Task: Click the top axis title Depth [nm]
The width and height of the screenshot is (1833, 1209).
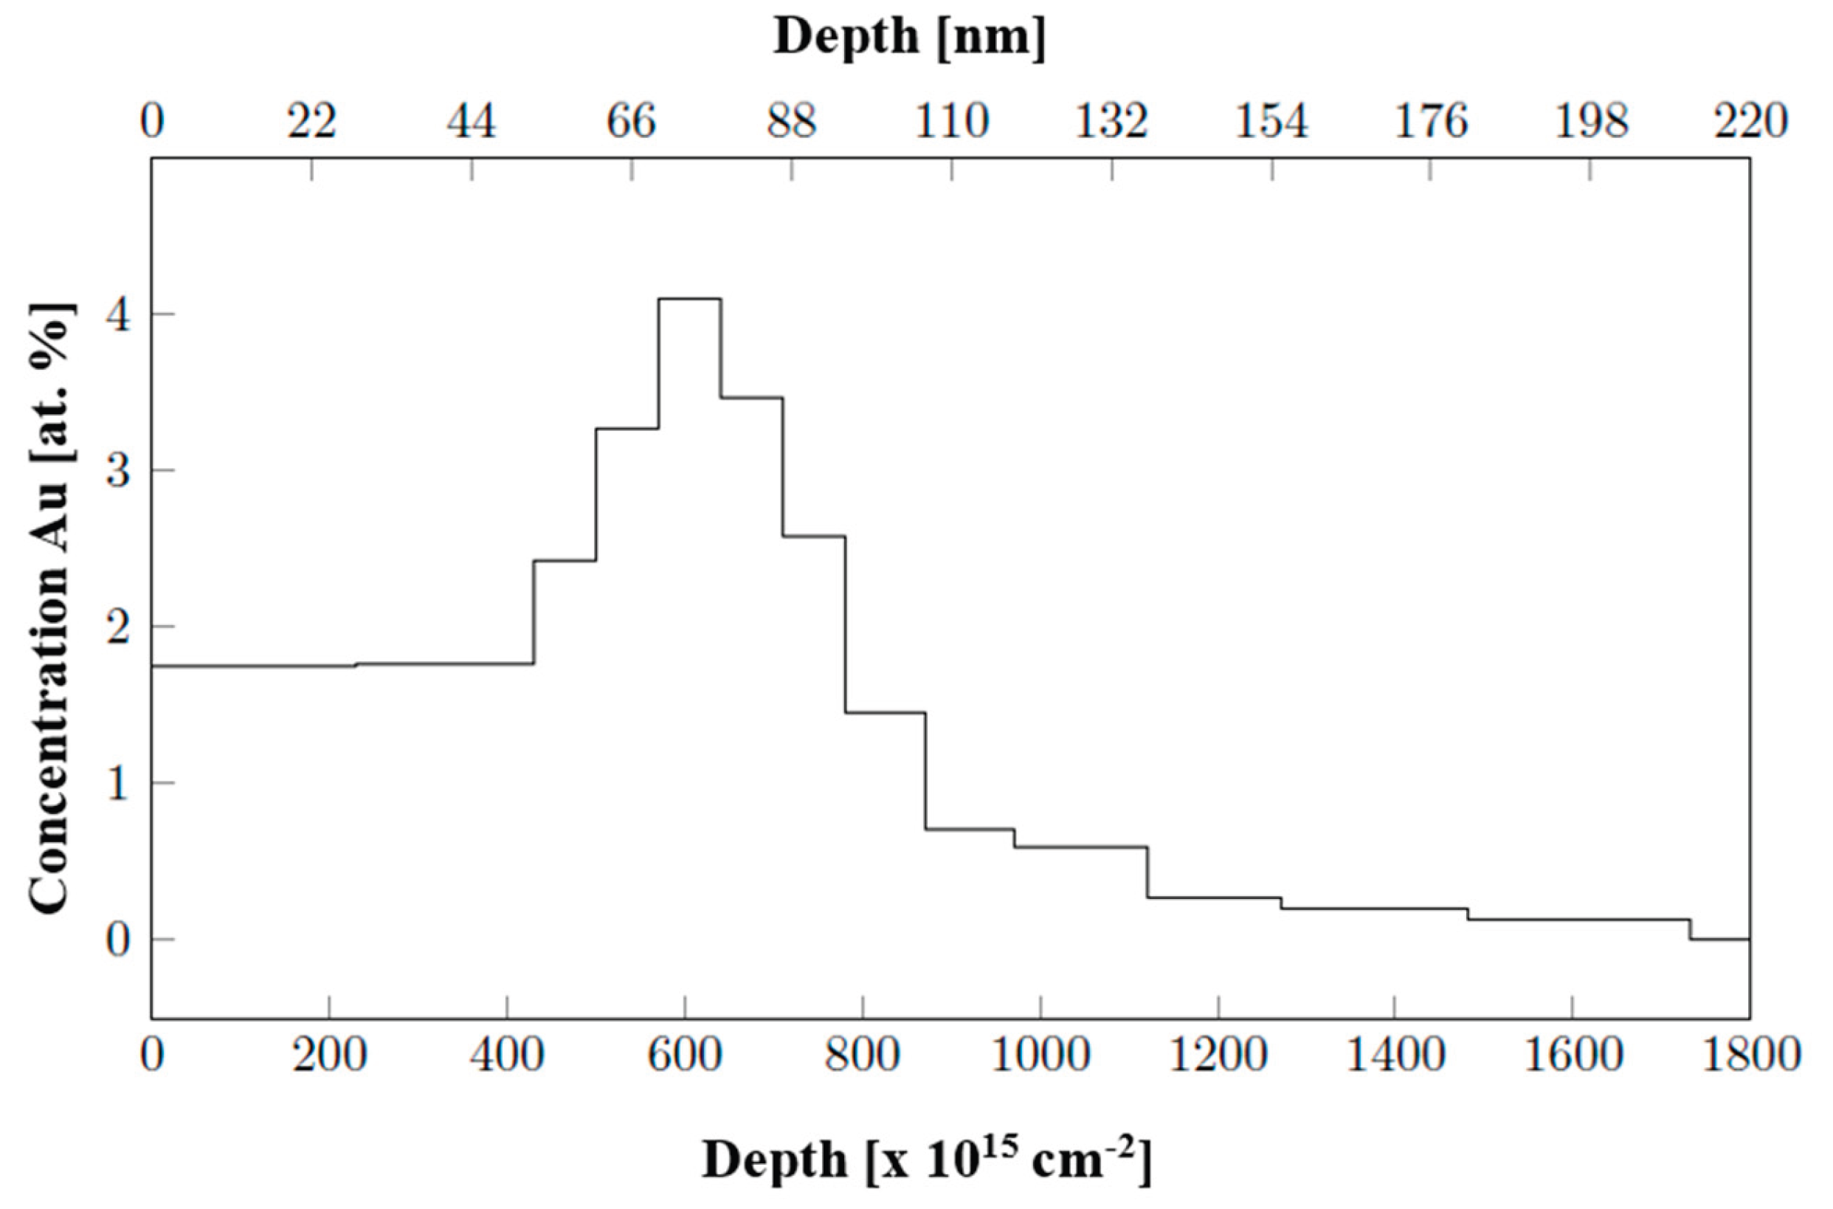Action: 910,37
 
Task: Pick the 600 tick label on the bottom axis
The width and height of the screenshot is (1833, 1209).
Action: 685,1055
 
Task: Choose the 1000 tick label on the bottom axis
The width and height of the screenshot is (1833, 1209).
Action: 1040,1055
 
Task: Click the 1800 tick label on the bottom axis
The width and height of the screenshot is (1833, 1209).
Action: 1750,1055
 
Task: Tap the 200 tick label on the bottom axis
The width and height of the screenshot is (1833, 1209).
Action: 329,1055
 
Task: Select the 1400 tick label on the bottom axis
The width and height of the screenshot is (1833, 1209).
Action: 1395,1055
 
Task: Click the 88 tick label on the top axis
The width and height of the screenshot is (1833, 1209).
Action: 792,123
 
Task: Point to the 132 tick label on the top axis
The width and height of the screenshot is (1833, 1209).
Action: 1111,123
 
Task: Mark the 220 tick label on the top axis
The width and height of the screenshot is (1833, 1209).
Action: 1750,123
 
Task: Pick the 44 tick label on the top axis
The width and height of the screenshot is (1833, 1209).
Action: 472,123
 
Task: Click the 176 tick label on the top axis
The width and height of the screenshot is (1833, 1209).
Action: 1432,123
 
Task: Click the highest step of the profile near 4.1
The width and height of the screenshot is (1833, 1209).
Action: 690,298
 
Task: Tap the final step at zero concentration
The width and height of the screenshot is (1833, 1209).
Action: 1719,939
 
